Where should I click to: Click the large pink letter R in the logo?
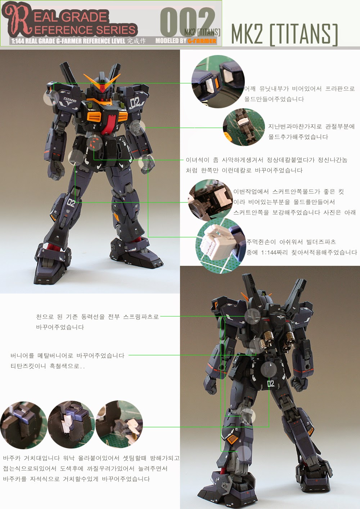[16, 20]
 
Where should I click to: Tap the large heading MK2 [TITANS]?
[284, 35]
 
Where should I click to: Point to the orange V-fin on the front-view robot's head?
[102, 81]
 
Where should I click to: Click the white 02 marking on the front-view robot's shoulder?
[135, 103]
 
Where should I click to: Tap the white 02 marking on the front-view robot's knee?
[71, 203]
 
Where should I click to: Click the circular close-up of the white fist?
[220, 245]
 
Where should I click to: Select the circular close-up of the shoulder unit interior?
[218, 82]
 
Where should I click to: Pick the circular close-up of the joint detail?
[243, 127]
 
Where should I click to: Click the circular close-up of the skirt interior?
[211, 200]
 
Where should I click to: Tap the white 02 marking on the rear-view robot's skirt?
[271, 383]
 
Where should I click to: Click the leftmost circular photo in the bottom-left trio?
[23, 424]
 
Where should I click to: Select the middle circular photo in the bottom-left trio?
[71, 424]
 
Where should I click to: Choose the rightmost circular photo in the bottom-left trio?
[119, 424]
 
